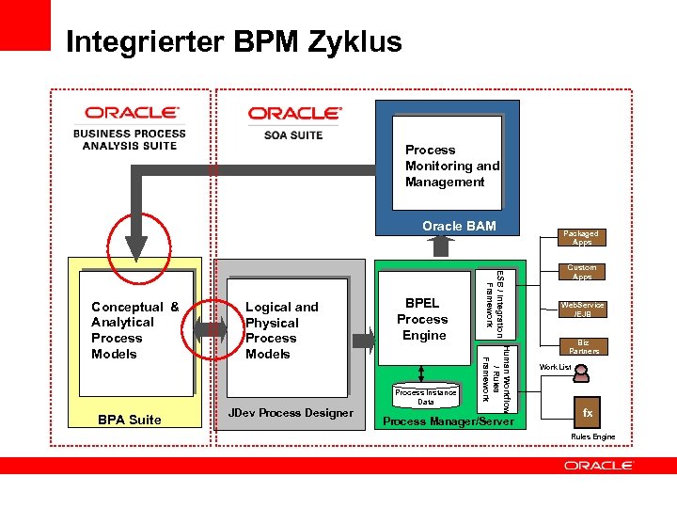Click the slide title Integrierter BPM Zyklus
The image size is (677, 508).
point(234,42)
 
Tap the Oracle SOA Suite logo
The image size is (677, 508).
point(293,122)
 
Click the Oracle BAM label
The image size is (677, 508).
point(459,226)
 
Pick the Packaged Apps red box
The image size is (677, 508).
point(581,238)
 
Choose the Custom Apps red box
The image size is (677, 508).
point(581,273)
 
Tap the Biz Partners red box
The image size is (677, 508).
point(583,345)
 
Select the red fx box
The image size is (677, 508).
point(588,413)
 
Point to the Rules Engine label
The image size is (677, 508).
point(591,437)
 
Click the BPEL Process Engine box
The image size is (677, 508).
point(423,319)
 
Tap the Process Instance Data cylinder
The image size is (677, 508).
point(426,396)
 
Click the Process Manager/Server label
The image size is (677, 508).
point(449,421)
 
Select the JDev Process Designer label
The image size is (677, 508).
point(291,413)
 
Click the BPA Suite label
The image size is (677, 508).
point(130,420)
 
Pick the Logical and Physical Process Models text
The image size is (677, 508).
point(281,330)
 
